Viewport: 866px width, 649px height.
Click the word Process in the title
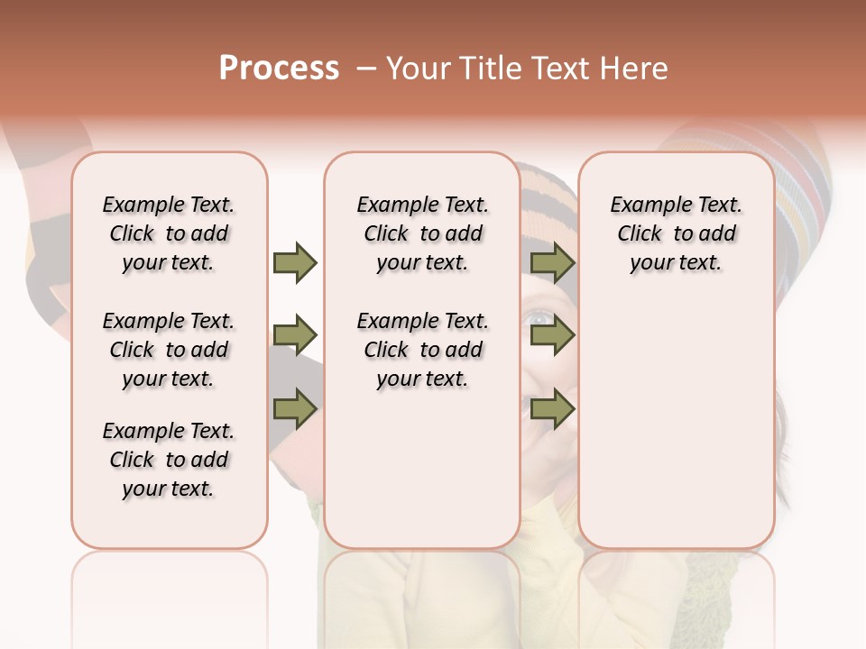click(279, 69)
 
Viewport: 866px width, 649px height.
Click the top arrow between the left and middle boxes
click(295, 262)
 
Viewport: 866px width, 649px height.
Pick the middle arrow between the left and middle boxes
click(295, 336)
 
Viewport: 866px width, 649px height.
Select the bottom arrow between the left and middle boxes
click(295, 410)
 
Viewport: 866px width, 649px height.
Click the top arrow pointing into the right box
click(552, 262)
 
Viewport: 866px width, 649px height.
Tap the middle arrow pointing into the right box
click(552, 336)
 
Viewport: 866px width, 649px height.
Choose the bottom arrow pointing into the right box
click(552, 410)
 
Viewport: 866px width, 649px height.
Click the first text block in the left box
click(169, 233)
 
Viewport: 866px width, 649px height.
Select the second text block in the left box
click(169, 350)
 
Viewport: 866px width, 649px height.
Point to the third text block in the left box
click(169, 460)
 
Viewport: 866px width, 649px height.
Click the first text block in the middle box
click(422, 233)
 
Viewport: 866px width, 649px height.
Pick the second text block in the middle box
click(422, 350)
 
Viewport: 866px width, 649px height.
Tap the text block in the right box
click(676, 233)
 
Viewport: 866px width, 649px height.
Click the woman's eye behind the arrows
click(539, 317)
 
